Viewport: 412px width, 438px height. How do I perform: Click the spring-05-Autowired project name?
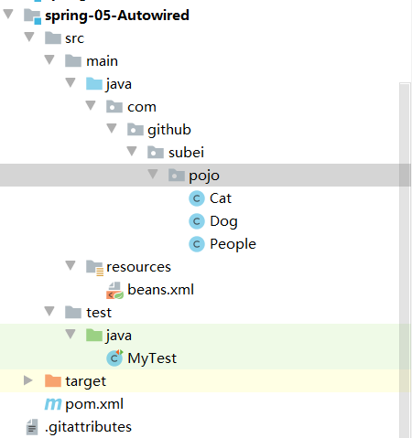[117, 16]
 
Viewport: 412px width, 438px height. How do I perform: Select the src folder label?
[74, 38]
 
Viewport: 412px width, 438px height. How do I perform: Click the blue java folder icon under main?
[94, 83]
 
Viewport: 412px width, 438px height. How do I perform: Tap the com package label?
[142, 107]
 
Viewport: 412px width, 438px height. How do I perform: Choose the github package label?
[169, 130]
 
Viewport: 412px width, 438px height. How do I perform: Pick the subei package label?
[186, 153]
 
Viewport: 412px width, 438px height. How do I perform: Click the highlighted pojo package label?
[204, 176]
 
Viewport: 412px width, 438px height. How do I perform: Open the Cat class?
[221, 198]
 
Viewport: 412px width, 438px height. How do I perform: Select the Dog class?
[223, 221]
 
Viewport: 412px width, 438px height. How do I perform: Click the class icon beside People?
[197, 244]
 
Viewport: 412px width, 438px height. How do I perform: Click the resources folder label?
[138, 267]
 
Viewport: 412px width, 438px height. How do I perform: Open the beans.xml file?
[160, 290]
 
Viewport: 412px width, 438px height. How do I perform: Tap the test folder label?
[99, 313]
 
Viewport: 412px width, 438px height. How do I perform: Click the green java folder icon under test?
[94, 335]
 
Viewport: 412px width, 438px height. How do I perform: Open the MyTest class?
[152, 358]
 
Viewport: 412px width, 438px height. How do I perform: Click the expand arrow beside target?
[28, 380]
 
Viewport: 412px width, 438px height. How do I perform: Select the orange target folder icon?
[53, 380]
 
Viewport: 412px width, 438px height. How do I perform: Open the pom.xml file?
[94, 404]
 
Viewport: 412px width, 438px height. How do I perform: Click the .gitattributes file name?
[88, 427]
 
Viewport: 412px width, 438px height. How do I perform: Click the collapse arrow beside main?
[49, 59]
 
